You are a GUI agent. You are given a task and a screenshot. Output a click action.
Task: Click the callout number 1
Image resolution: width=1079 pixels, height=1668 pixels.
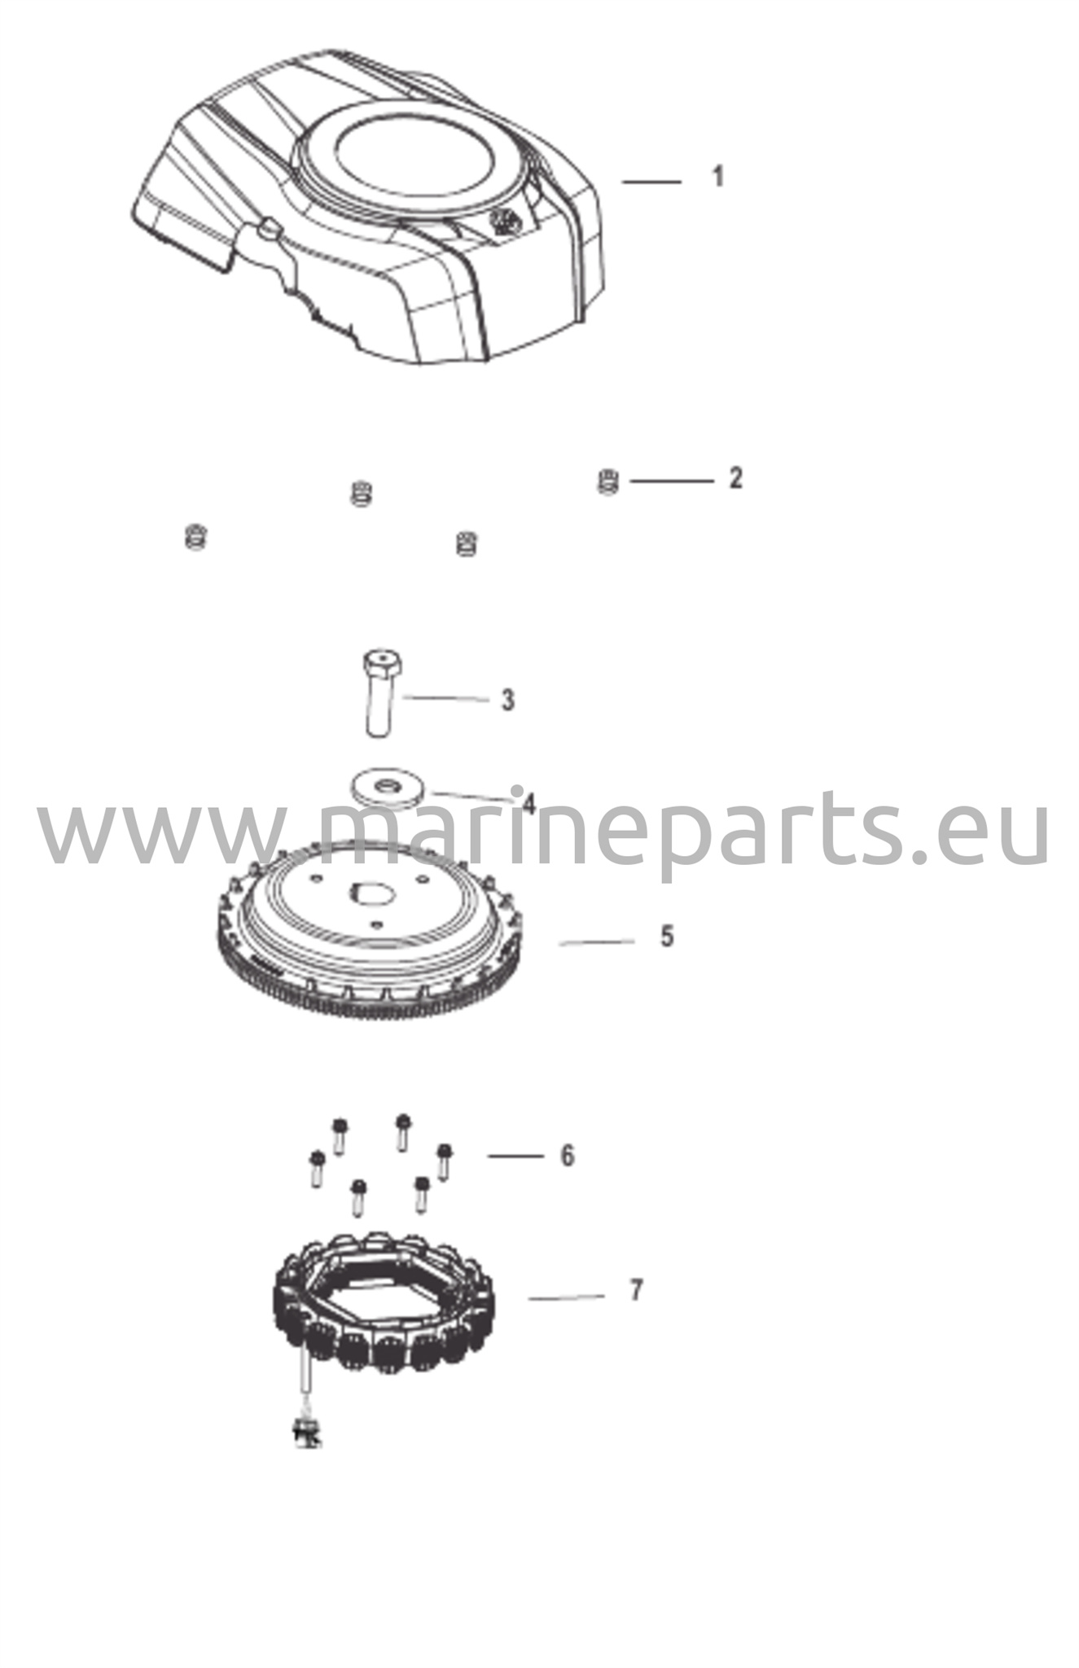(x=717, y=177)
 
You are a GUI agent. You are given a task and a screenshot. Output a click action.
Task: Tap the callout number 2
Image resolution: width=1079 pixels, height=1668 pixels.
(x=735, y=478)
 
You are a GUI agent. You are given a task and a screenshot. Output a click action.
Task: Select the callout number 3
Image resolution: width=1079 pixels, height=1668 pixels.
(x=507, y=700)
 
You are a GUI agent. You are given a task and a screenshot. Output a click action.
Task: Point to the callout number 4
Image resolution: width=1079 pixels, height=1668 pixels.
(x=529, y=805)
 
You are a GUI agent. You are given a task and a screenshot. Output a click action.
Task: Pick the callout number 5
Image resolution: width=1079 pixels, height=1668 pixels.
(x=667, y=937)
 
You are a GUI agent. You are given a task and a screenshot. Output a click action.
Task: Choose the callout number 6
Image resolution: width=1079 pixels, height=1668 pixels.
(x=567, y=1156)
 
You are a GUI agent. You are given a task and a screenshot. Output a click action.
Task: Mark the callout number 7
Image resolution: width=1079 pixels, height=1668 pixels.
(x=636, y=1290)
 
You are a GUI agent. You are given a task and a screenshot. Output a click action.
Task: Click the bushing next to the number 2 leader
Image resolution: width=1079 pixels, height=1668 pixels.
(x=607, y=481)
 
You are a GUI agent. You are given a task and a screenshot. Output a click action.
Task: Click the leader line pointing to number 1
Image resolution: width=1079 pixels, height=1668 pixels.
(x=651, y=182)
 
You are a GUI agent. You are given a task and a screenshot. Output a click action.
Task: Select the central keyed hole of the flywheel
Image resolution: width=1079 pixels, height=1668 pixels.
(x=372, y=893)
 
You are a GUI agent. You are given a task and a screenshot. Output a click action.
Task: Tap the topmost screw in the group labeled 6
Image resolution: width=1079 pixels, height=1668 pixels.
(x=402, y=1132)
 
